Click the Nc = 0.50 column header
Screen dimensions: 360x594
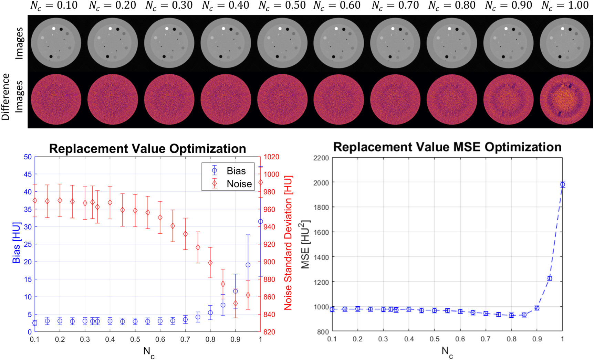pyautogui.click(x=282, y=6)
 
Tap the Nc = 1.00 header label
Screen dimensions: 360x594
pyautogui.click(x=565, y=6)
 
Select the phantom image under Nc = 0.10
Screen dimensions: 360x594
pyautogui.click(x=56, y=43)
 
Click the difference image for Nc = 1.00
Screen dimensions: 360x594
pyautogui.click(x=565, y=99)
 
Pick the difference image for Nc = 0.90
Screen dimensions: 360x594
pyautogui.click(x=508, y=99)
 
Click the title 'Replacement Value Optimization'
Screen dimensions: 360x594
pyautogui.click(x=147, y=149)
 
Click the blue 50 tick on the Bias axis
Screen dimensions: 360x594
pyautogui.click(x=28, y=157)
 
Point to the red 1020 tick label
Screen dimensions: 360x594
pyautogui.click(x=272, y=157)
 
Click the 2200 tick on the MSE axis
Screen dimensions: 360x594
pyautogui.click(x=321, y=158)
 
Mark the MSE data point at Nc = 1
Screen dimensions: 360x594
pyautogui.click(x=562, y=184)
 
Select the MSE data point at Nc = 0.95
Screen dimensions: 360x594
pyautogui.click(x=550, y=278)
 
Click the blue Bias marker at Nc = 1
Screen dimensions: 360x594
pyautogui.click(x=260, y=222)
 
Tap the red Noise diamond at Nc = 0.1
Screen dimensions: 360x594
pyautogui.click(x=35, y=201)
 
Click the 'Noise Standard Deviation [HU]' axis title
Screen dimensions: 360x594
pyautogui.click(x=288, y=243)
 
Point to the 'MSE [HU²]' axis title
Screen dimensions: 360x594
pyautogui.click(x=305, y=244)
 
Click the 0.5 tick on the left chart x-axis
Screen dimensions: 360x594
pyautogui.click(x=135, y=340)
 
